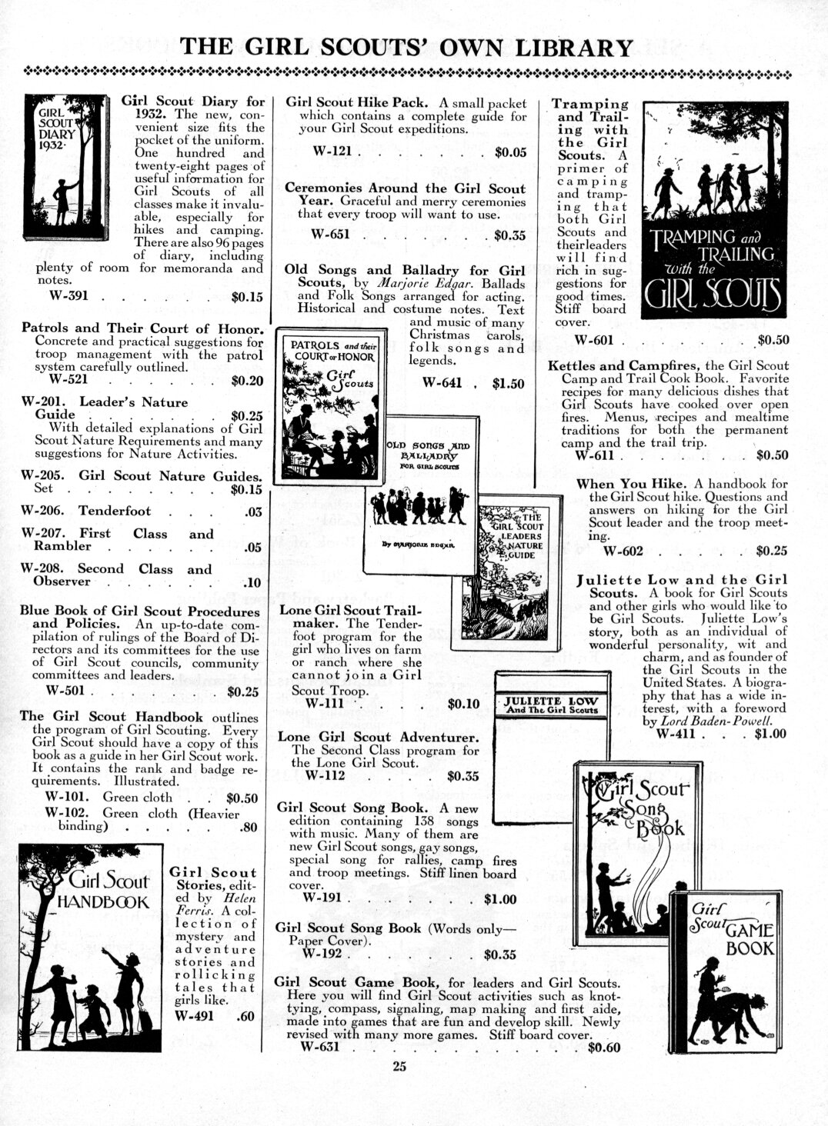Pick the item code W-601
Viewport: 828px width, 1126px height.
tap(596, 340)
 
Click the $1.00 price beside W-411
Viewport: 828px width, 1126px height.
tap(770, 733)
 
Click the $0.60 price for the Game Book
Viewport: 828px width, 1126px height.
tap(603, 1046)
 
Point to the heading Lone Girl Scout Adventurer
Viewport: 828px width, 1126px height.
tap(374, 737)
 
